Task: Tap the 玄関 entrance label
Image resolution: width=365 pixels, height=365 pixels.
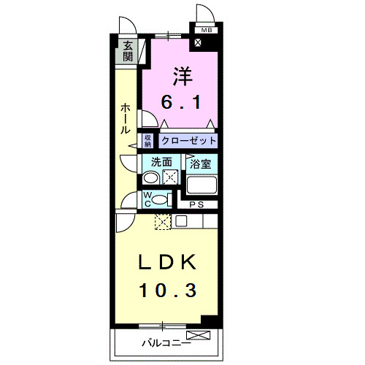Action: (x=128, y=50)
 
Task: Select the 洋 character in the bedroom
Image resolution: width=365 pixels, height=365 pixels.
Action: (x=182, y=75)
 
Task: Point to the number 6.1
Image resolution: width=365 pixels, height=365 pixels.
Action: (x=182, y=103)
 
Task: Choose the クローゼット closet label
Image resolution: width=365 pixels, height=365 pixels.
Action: (x=189, y=139)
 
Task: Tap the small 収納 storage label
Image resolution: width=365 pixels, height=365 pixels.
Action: (x=147, y=139)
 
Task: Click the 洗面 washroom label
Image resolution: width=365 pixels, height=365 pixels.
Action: (x=161, y=163)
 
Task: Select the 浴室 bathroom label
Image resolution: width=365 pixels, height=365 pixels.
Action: (x=200, y=164)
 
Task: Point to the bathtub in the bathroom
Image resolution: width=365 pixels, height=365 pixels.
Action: (x=201, y=185)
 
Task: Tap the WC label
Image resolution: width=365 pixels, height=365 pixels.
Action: (x=146, y=199)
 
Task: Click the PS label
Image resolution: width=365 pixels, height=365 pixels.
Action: (x=197, y=206)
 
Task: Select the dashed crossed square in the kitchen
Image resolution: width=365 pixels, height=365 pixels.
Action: (x=162, y=223)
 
